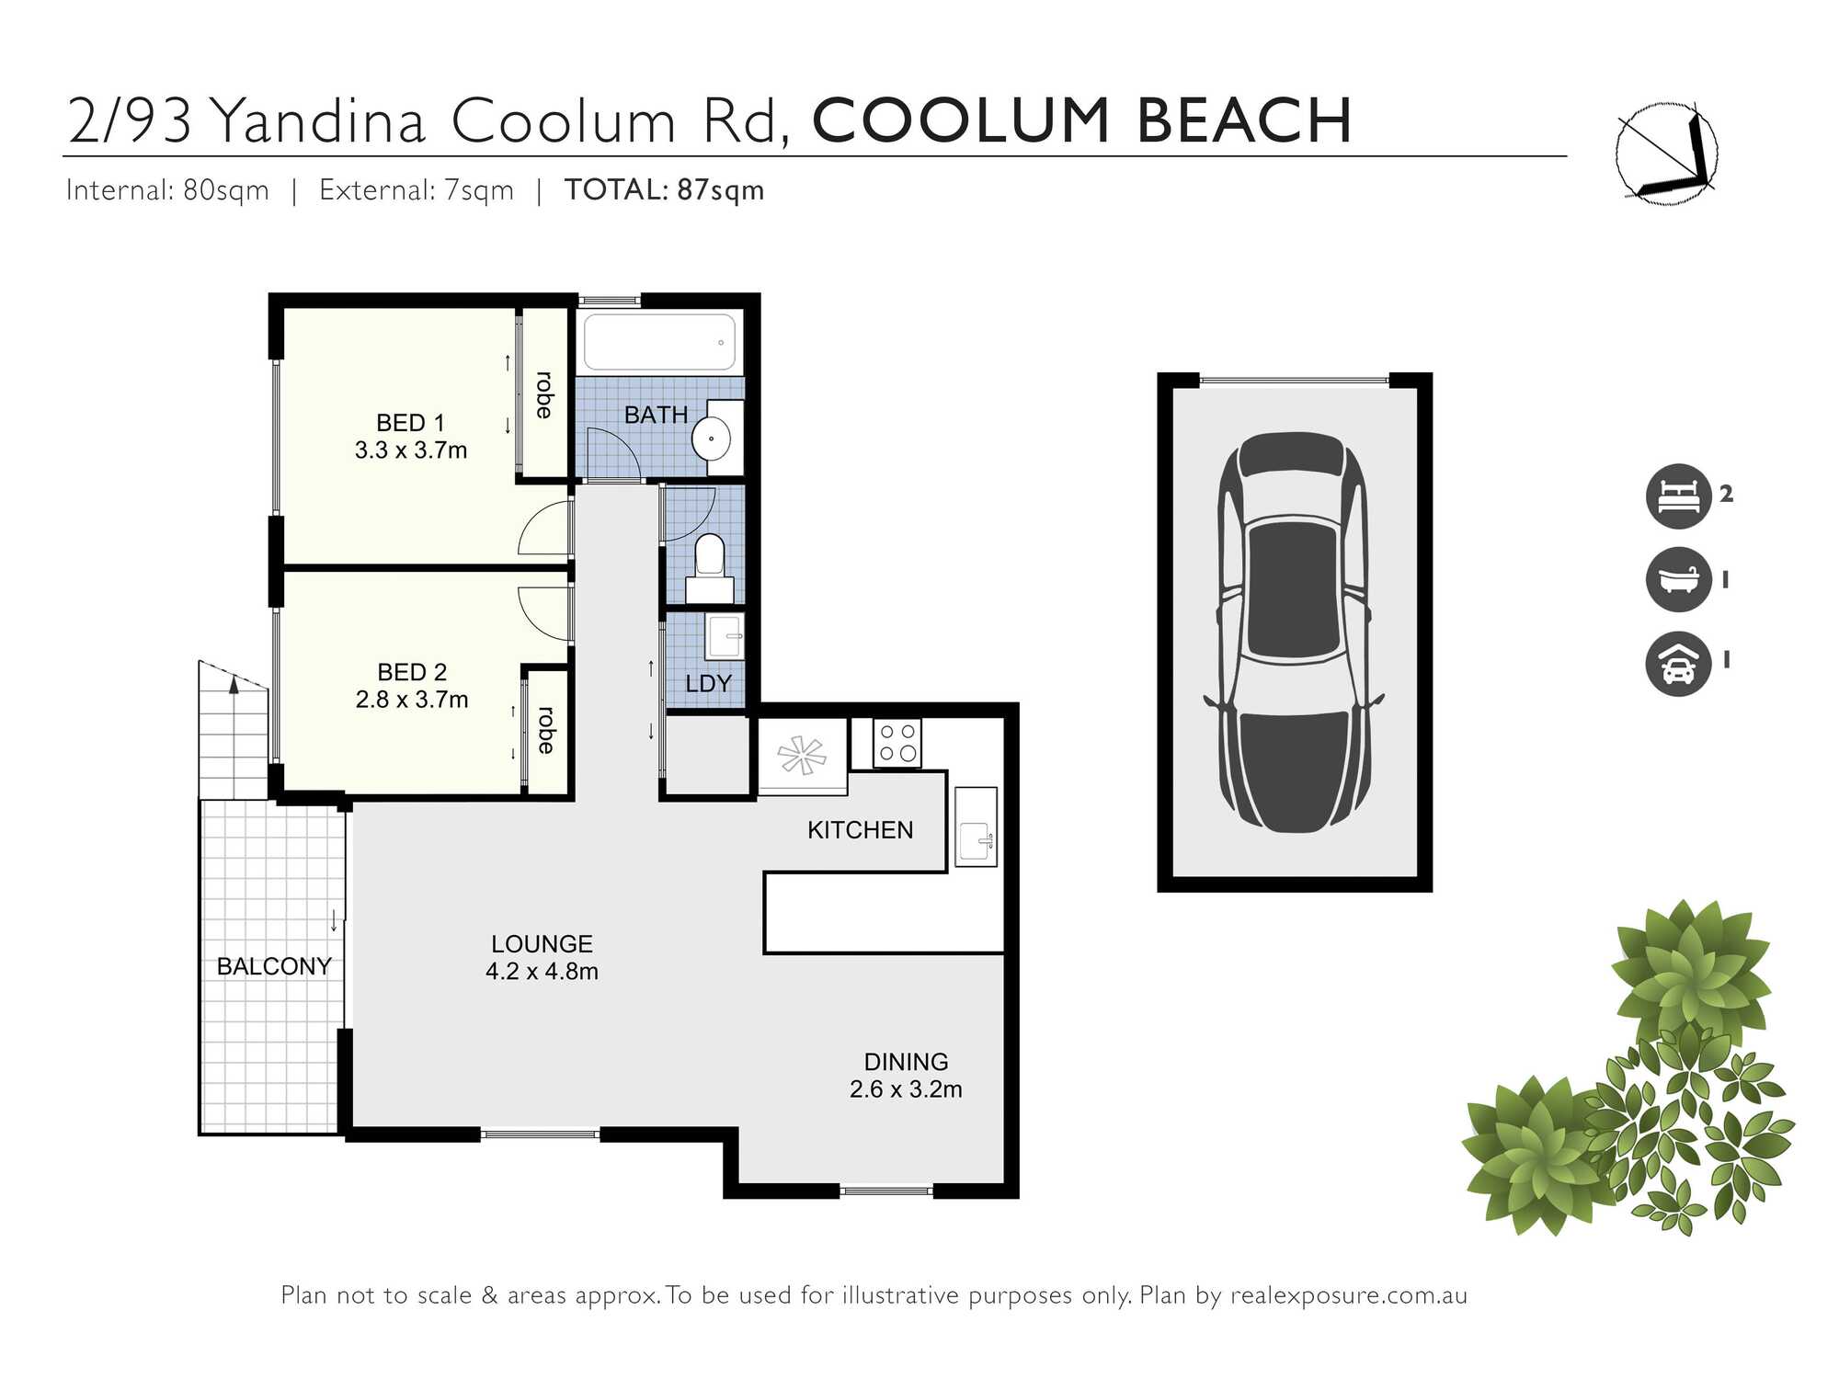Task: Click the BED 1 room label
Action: pyautogui.click(x=410, y=423)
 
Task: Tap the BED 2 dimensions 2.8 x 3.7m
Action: pyautogui.click(x=412, y=700)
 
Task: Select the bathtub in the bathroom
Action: pyautogui.click(x=659, y=343)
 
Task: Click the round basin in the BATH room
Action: pyautogui.click(x=711, y=439)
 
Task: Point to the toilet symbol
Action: pyautogui.click(x=710, y=563)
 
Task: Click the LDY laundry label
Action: pyautogui.click(x=708, y=684)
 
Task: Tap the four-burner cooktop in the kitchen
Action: pyautogui.click(x=897, y=743)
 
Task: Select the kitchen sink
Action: pyautogui.click(x=976, y=826)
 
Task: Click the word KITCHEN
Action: pyautogui.click(x=860, y=830)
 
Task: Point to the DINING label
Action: pyautogui.click(x=906, y=1062)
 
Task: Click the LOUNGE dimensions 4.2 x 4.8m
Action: pyautogui.click(x=542, y=972)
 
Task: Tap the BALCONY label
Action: pyautogui.click(x=274, y=966)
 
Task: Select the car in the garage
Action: pyautogui.click(x=1294, y=633)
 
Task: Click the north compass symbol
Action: pyautogui.click(x=1666, y=153)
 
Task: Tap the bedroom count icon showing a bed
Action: pyautogui.click(x=1678, y=496)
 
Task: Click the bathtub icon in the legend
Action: pyautogui.click(x=1678, y=579)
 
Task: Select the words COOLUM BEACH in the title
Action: pyautogui.click(x=1081, y=121)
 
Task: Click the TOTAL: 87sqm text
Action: pyautogui.click(x=664, y=190)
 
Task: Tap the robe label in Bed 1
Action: pyautogui.click(x=544, y=395)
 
